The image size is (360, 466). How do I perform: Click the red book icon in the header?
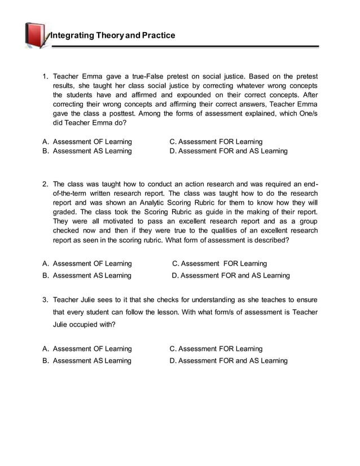(x=37, y=35)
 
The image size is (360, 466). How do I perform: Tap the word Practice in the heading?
(x=158, y=36)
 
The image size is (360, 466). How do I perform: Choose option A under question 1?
(x=87, y=142)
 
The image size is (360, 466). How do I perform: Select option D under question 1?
(x=229, y=151)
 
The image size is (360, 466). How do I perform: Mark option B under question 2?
(x=87, y=275)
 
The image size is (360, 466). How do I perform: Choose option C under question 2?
(x=219, y=263)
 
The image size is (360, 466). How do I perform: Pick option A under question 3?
(x=87, y=349)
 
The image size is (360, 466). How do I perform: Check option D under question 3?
(x=229, y=361)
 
